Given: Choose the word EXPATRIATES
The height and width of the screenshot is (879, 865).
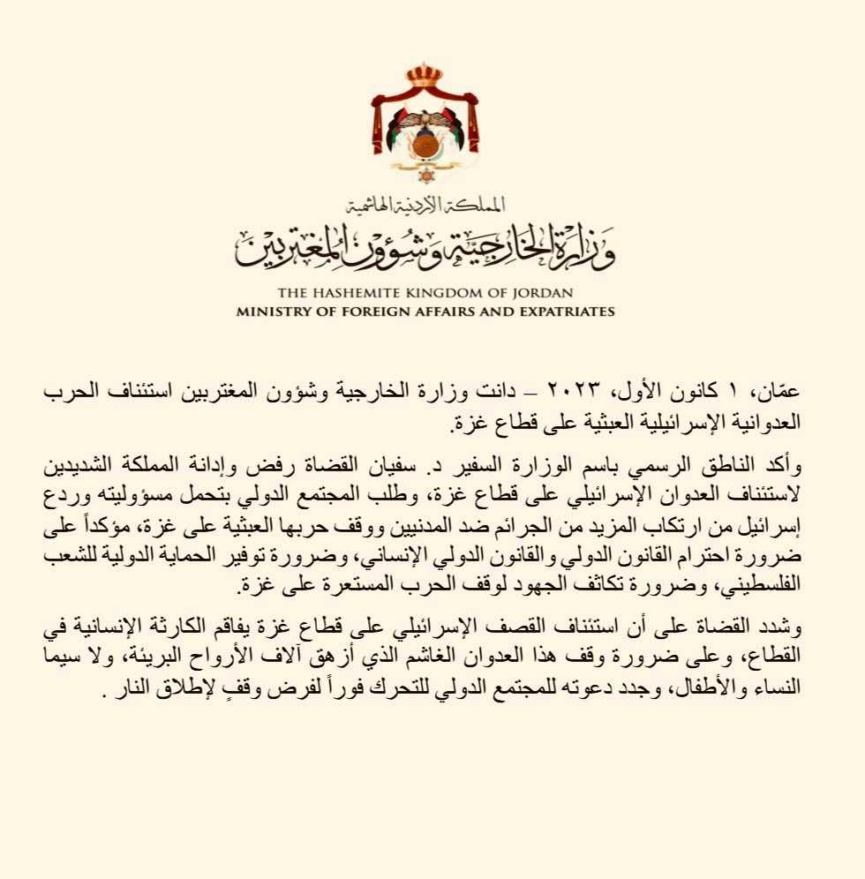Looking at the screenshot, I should (561, 312).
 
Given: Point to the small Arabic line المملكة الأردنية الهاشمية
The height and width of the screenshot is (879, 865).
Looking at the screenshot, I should (425, 207).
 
